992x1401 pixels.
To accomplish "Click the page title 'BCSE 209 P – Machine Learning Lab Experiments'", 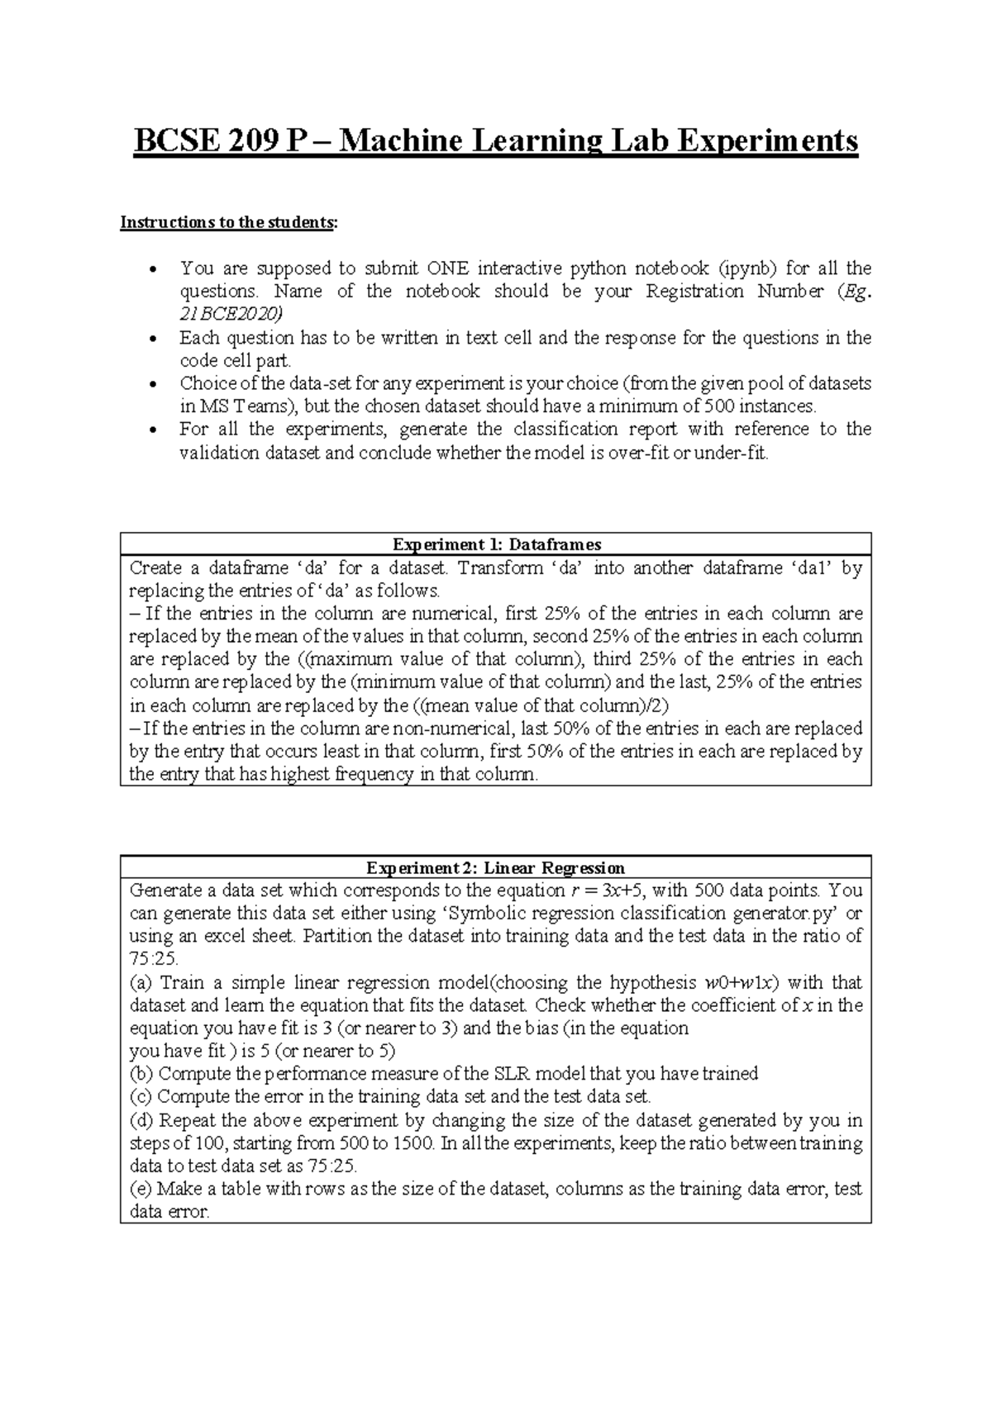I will tap(496, 142).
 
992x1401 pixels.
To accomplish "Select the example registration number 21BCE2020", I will tap(231, 314).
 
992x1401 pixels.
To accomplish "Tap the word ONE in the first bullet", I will tap(446, 268).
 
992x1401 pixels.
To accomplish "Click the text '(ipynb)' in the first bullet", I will tap(747, 268).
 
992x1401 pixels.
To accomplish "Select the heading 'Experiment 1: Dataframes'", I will tap(496, 544).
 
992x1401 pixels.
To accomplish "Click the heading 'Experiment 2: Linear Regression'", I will tap(496, 868).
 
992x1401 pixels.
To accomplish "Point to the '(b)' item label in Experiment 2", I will tap(141, 1074).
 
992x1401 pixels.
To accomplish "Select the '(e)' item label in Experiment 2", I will tap(141, 1190).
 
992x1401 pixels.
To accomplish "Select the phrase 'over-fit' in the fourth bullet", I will tap(638, 454).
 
